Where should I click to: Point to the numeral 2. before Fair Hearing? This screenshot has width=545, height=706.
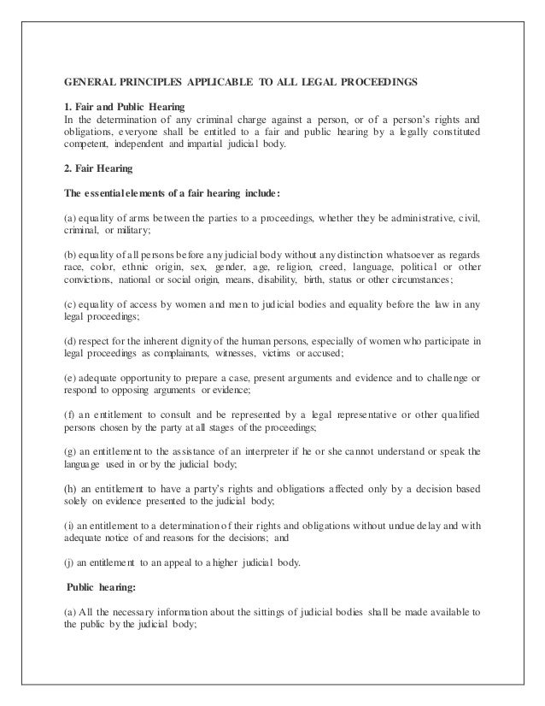click(x=68, y=168)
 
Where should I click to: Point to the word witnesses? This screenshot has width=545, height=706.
click(x=230, y=355)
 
